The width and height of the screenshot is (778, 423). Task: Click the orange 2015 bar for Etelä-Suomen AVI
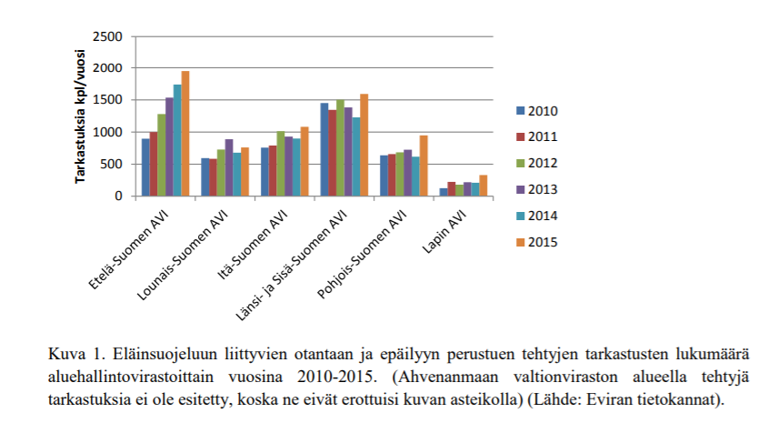185,134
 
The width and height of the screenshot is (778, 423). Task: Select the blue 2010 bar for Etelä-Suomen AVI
145,167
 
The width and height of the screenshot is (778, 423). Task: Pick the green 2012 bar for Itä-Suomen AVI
281,164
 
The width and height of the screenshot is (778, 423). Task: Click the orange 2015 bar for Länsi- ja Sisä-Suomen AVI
364,146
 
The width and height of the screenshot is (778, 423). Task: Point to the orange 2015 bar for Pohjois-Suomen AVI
423,166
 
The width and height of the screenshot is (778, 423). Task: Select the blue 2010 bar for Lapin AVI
444,192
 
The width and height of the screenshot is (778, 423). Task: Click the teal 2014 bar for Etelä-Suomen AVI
176,140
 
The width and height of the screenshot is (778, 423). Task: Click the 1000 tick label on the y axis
109,133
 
